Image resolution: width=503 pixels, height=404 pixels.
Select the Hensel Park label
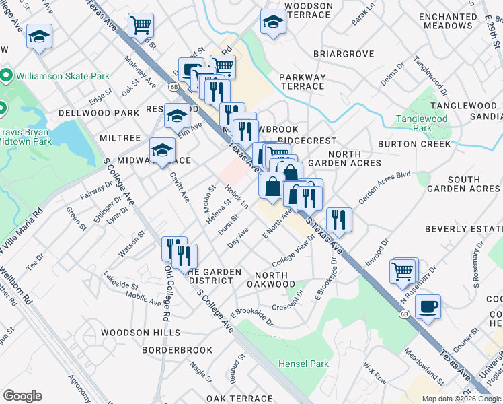point(303,364)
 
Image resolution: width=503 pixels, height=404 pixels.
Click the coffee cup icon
point(428,308)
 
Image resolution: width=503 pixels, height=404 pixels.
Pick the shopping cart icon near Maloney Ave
point(141,26)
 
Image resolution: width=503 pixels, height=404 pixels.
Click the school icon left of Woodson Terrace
point(273,22)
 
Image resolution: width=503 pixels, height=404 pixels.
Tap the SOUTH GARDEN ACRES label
point(463,184)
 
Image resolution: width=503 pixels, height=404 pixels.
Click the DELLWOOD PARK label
point(88,112)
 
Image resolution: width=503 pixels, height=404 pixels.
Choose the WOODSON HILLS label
point(141,333)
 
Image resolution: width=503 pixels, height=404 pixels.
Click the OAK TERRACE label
point(239,399)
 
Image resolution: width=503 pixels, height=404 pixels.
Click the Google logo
point(22,395)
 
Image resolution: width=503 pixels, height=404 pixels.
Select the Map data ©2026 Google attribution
point(461,399)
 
